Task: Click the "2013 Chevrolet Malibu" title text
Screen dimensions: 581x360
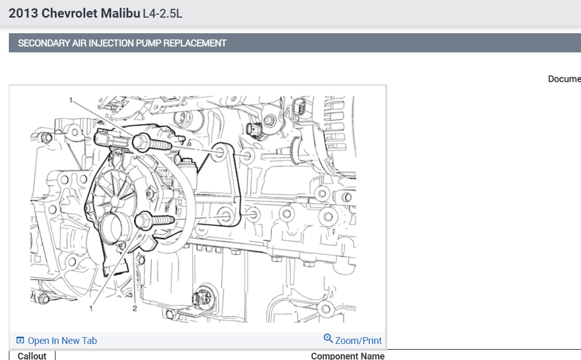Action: [75, 13]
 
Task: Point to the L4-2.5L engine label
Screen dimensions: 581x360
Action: [162, 13]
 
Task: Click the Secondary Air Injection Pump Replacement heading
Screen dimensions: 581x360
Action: [122, 43]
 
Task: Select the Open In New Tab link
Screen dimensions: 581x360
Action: [62, 340]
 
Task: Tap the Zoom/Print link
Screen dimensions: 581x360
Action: [358, 340]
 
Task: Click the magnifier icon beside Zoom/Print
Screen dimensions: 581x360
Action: [328, 338]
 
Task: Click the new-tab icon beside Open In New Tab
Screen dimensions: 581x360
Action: [20, 340]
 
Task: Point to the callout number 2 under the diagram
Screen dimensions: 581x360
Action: [134, 308]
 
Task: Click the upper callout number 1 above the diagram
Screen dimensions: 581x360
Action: [71, 100]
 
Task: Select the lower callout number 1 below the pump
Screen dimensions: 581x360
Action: [91, 308]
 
